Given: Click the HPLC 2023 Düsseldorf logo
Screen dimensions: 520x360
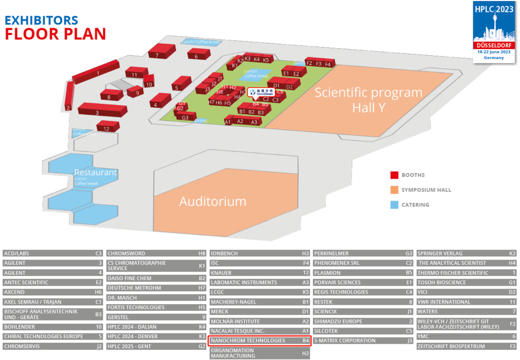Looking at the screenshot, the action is (494, 32).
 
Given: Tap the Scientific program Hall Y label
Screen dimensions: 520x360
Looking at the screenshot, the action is (368, 100).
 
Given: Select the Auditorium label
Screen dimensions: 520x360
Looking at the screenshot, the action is (212, 201).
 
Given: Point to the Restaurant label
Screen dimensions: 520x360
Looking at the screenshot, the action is (95, 172).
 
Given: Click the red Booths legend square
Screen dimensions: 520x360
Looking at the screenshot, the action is (393, 175).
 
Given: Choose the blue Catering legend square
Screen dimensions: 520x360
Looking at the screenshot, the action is (393, 205).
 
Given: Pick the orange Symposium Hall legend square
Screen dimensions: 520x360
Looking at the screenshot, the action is (393, 190).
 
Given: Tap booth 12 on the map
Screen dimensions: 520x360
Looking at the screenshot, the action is (107, 128).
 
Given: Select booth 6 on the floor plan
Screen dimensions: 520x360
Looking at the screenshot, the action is (196, 55).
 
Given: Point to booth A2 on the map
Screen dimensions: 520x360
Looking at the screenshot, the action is (240, 121).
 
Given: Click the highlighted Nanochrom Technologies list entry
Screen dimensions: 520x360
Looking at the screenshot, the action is (259, 341).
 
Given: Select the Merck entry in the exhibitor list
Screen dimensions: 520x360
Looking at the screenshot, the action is (259, 311).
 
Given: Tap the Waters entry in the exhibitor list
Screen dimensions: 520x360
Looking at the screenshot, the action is (466, 311).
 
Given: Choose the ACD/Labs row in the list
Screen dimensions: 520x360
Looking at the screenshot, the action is (52, 253).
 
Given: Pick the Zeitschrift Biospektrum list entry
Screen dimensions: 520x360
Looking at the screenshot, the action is (466, 346).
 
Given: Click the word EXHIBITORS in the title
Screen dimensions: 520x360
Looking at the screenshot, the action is (41, 20).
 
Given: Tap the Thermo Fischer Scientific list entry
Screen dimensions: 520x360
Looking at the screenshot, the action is (466, 273).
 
